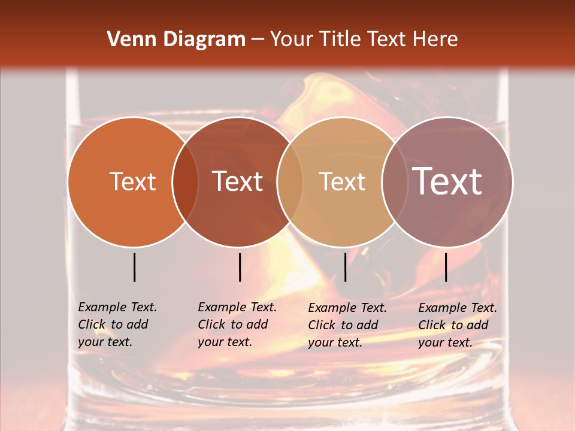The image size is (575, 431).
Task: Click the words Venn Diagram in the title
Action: click(176, 40)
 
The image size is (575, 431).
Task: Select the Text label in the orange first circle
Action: click(132, 181)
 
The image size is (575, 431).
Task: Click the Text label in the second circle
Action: click(238, 181)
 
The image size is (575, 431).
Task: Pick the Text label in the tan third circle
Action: click(343, 181)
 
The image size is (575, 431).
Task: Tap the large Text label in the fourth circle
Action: click(447, 181)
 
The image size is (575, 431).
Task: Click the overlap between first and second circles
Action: click(185, 181)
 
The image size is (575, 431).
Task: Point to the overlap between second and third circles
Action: click(290, 181)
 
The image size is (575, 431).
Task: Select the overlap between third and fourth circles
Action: click(395, 181)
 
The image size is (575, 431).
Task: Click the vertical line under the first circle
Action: click(135, 267)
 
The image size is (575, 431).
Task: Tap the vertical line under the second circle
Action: click(240, 267)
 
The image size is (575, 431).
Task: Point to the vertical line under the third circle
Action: click(345, 267)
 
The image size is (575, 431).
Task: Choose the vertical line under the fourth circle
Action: click(446, 267)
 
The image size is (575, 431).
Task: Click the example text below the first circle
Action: click(117, 324)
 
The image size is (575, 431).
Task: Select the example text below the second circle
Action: click(237, 324)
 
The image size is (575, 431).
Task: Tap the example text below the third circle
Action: click(347, 325)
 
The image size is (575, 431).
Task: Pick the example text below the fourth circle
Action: click(457, 325)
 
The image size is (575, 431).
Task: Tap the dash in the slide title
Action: click(258, 40)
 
